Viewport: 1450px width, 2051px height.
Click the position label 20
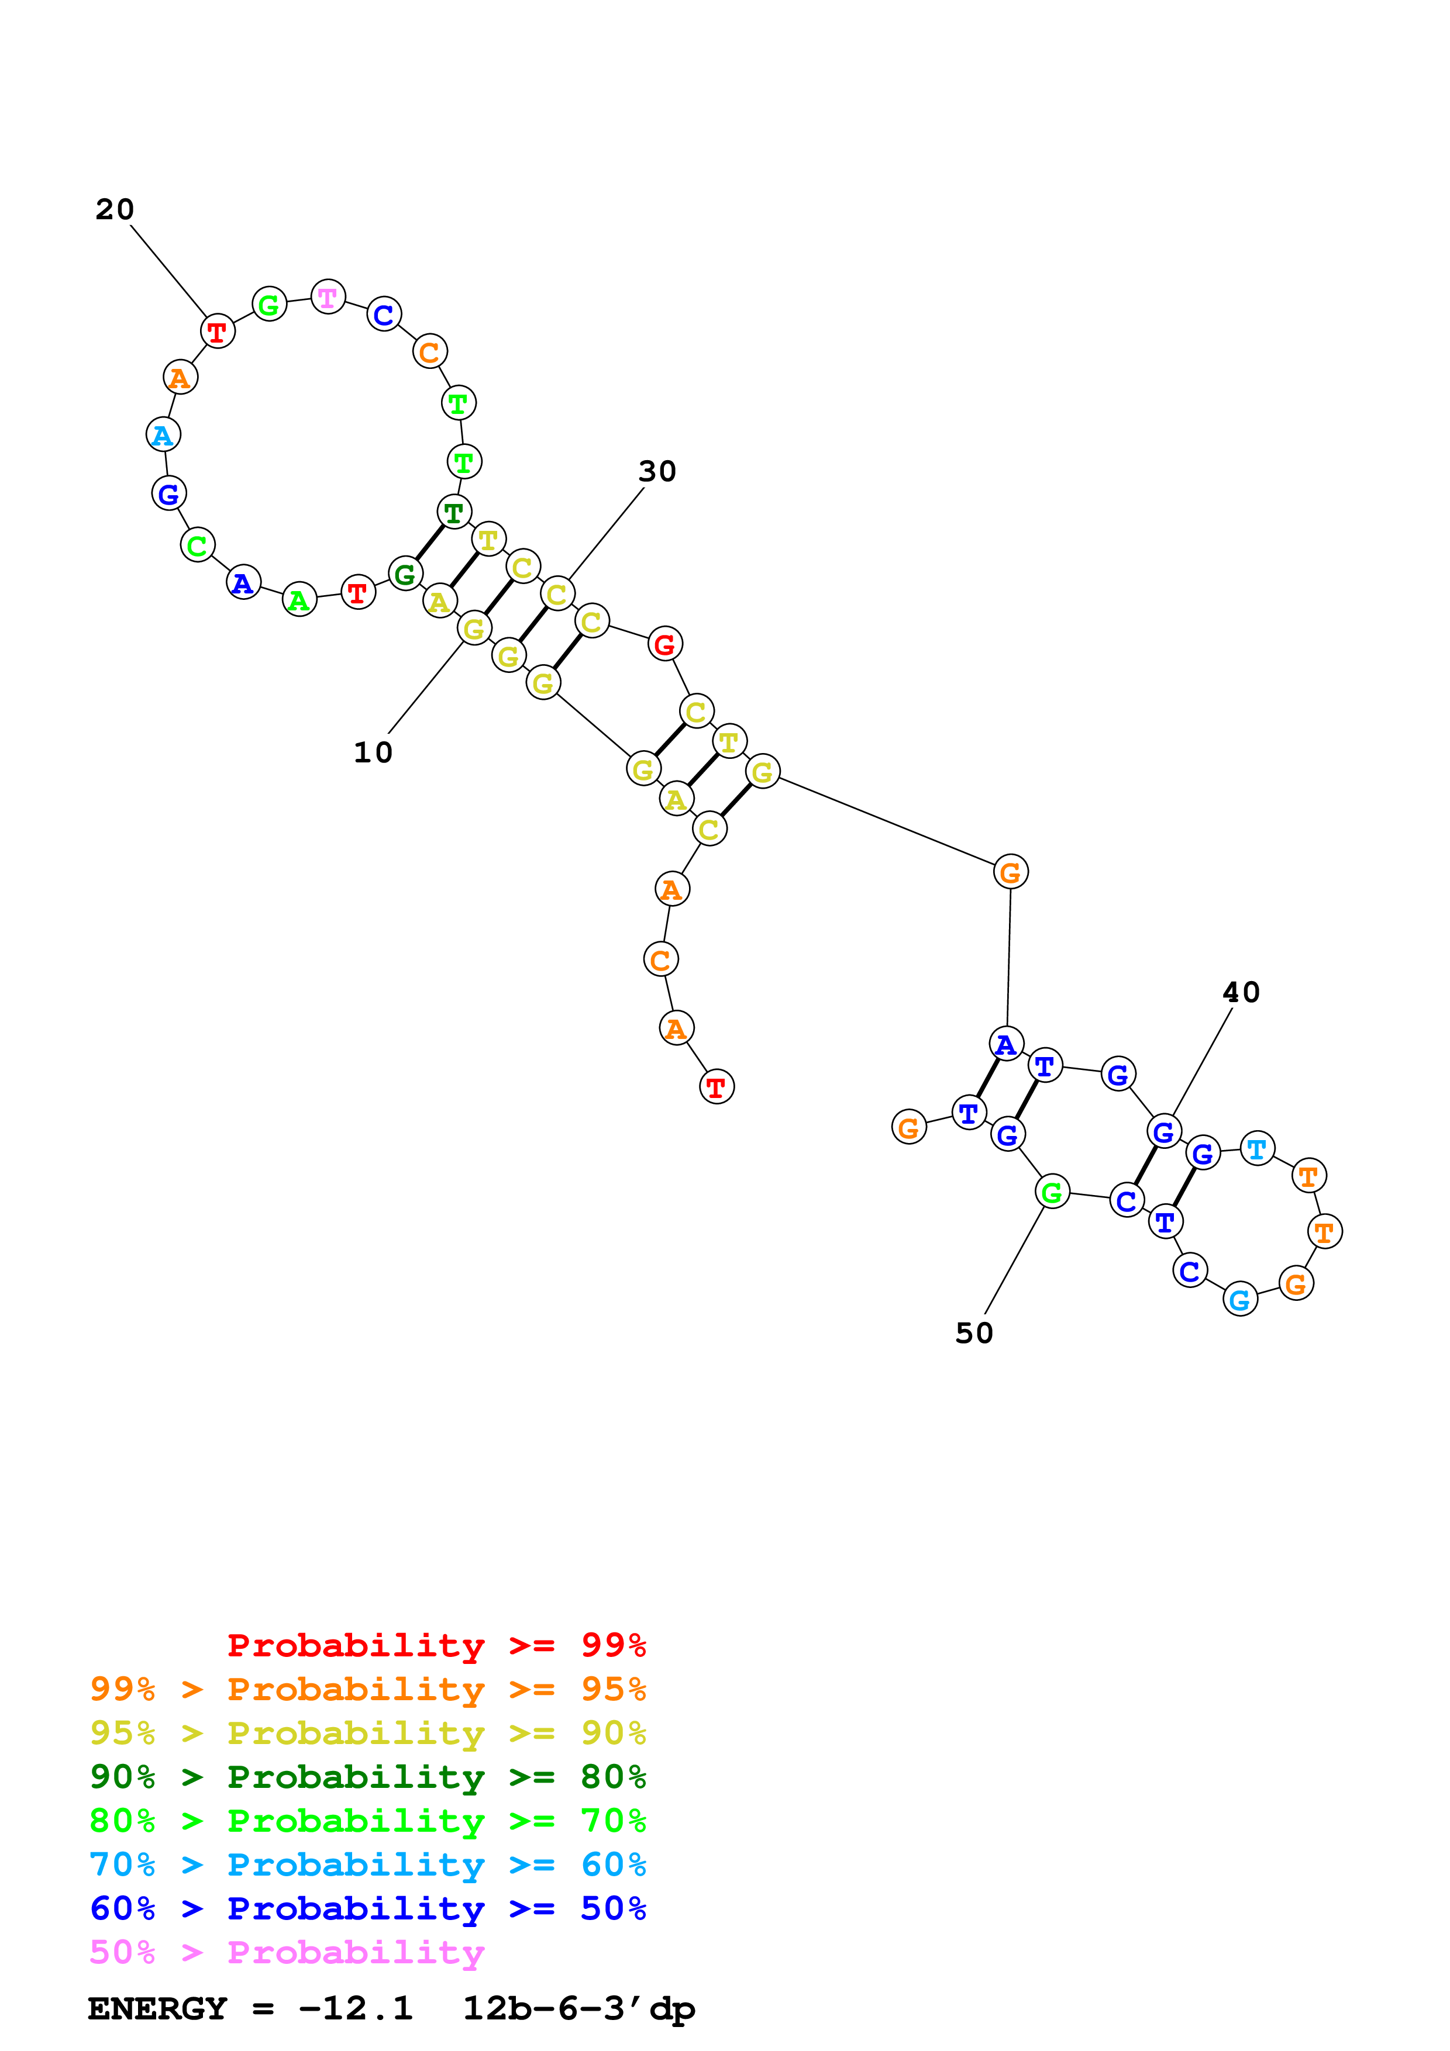point(115,210)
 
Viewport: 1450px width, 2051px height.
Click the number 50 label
point(974,1334)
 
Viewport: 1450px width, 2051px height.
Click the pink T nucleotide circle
point(328,296)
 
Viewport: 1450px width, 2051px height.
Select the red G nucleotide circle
point(664,643)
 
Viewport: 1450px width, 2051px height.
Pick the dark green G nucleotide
point(405,574)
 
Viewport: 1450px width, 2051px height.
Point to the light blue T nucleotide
point(1257,1149)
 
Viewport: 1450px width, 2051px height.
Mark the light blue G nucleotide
point(1239,1300)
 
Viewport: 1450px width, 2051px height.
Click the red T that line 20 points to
point(217,332)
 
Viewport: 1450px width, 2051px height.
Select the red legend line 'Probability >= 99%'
point(436,1645)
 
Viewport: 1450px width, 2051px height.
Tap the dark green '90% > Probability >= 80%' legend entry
point(367,1777)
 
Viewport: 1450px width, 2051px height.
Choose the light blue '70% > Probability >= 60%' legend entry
point(367,1864)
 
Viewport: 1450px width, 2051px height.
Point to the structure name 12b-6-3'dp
point(578,2009)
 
